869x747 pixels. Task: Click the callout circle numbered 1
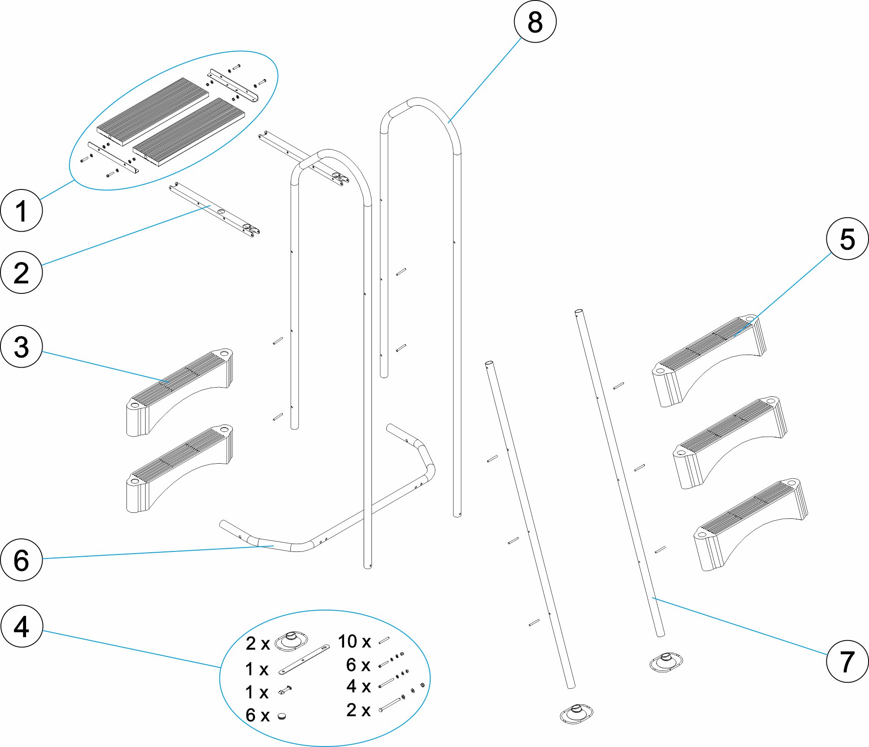click(x=21, y=210)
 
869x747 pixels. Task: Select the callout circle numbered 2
click(x=21, y=272)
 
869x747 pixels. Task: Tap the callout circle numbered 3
click(x=21, y=347)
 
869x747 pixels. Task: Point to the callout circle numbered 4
click(x=21, y=626)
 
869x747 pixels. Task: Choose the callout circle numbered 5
click(x=847, y=239)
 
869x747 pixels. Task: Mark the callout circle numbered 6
click(x=21, y=560)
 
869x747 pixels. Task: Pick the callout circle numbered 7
click(x=847, y=661)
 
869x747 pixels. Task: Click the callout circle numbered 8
click(x=535, y=22)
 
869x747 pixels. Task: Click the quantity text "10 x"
click(x=354, y=641)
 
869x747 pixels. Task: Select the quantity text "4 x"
click(x=358, y=686)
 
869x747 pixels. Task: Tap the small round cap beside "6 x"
click(x=282, y=715)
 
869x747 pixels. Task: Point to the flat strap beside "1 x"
click(x=304, y=660)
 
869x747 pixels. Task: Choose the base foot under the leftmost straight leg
click(x=576, y=714)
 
